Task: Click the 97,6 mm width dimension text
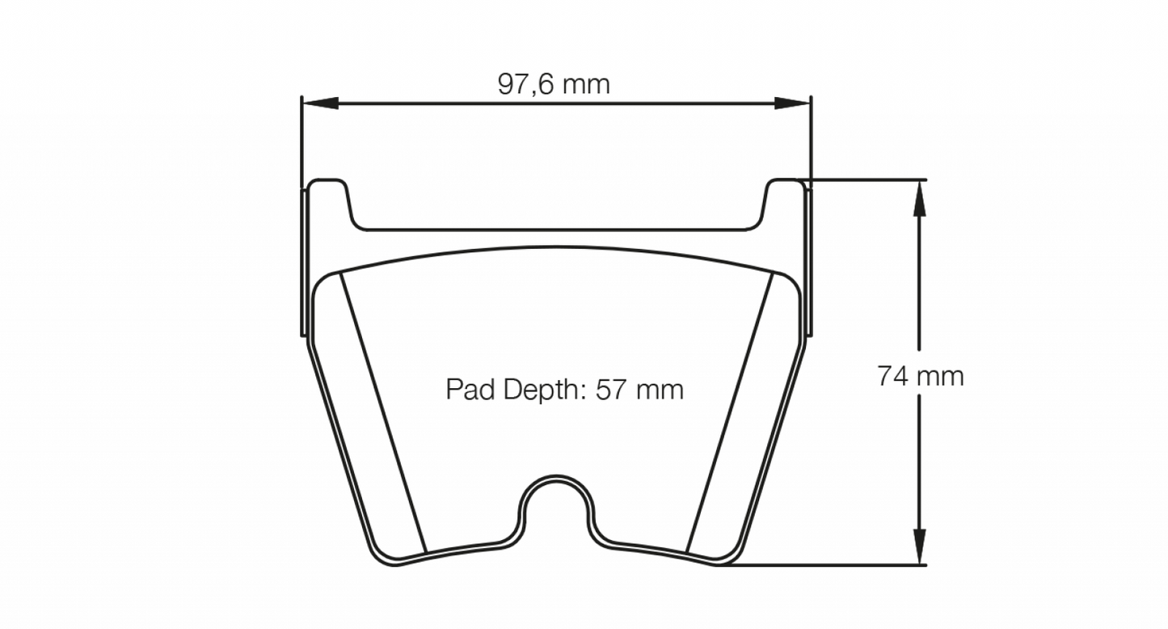point(554,84)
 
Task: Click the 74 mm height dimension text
point(920,377)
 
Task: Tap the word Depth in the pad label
point(542,390)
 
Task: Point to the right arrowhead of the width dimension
point(792,103)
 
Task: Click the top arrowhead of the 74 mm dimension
point(919,197)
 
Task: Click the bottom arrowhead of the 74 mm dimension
point(919,547)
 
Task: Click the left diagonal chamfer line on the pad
point(382,412)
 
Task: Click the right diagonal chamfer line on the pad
point(732,412)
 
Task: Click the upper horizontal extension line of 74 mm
point(865,179)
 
